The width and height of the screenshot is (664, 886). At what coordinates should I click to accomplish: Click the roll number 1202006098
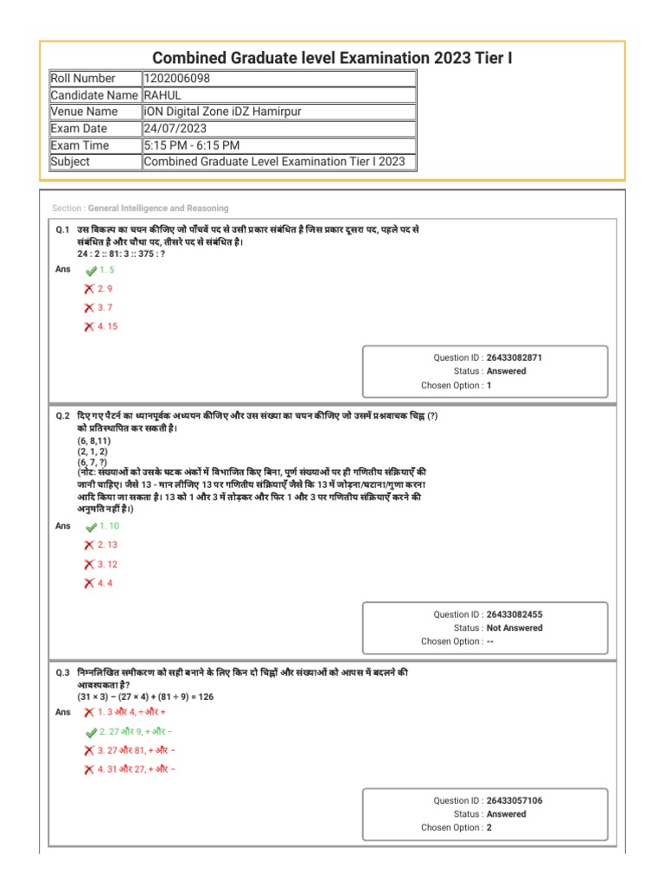(x=176, y=79)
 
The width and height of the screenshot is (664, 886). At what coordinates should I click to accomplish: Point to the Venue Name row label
(x=85, y=112)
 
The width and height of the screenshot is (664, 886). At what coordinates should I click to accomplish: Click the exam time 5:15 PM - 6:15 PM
(x=192, y=144)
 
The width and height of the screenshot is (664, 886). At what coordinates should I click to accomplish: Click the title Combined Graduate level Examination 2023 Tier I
(x=332, y=57)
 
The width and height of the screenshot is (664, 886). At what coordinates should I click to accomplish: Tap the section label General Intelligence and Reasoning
(x=158, y=209)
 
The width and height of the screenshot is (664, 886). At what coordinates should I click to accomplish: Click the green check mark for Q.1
(x=91, y=271)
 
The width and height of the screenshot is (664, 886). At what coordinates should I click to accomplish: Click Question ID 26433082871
(x=514, y=357)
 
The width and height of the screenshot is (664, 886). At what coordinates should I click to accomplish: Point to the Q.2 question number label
(x=62, y=416)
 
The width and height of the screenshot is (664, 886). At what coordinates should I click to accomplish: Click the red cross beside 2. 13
(x=89, y=545)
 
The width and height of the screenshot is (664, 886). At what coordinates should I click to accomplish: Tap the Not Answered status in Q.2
(x=514, y=628)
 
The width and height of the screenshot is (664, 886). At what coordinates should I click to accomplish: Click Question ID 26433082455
(x=514, y=614)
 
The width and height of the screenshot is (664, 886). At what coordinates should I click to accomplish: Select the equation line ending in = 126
(x=145, y=696)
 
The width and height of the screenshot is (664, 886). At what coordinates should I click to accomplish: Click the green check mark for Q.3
(x=91, y=732)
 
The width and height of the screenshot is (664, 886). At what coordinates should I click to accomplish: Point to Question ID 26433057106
(x=514, y=800)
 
